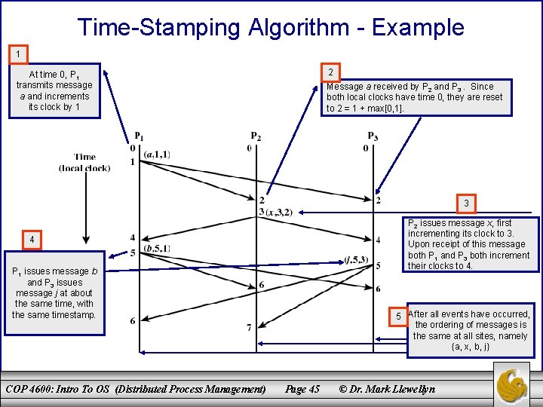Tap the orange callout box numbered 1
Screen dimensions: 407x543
[x=17, y=54]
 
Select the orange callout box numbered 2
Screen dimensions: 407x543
[x=330, y=72]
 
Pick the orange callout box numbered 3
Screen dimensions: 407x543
[x=466, y=203]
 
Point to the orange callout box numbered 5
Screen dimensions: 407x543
[x=397, y=316]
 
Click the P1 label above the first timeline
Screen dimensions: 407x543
[x=140, y=136]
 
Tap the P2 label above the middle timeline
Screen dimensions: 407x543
[x=256, y=136]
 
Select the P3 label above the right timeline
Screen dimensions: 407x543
[x=373, y=136]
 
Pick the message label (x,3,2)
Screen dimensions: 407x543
[x=279, y=213]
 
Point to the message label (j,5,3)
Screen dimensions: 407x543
[x=355, y=260]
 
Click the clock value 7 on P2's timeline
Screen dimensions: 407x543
[x=249, y=327]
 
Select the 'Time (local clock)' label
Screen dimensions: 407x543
[x=84, y=162]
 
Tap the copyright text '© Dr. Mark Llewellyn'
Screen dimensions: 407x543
[x=387, y=389]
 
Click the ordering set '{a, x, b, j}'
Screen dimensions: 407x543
[x=471, y=347]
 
